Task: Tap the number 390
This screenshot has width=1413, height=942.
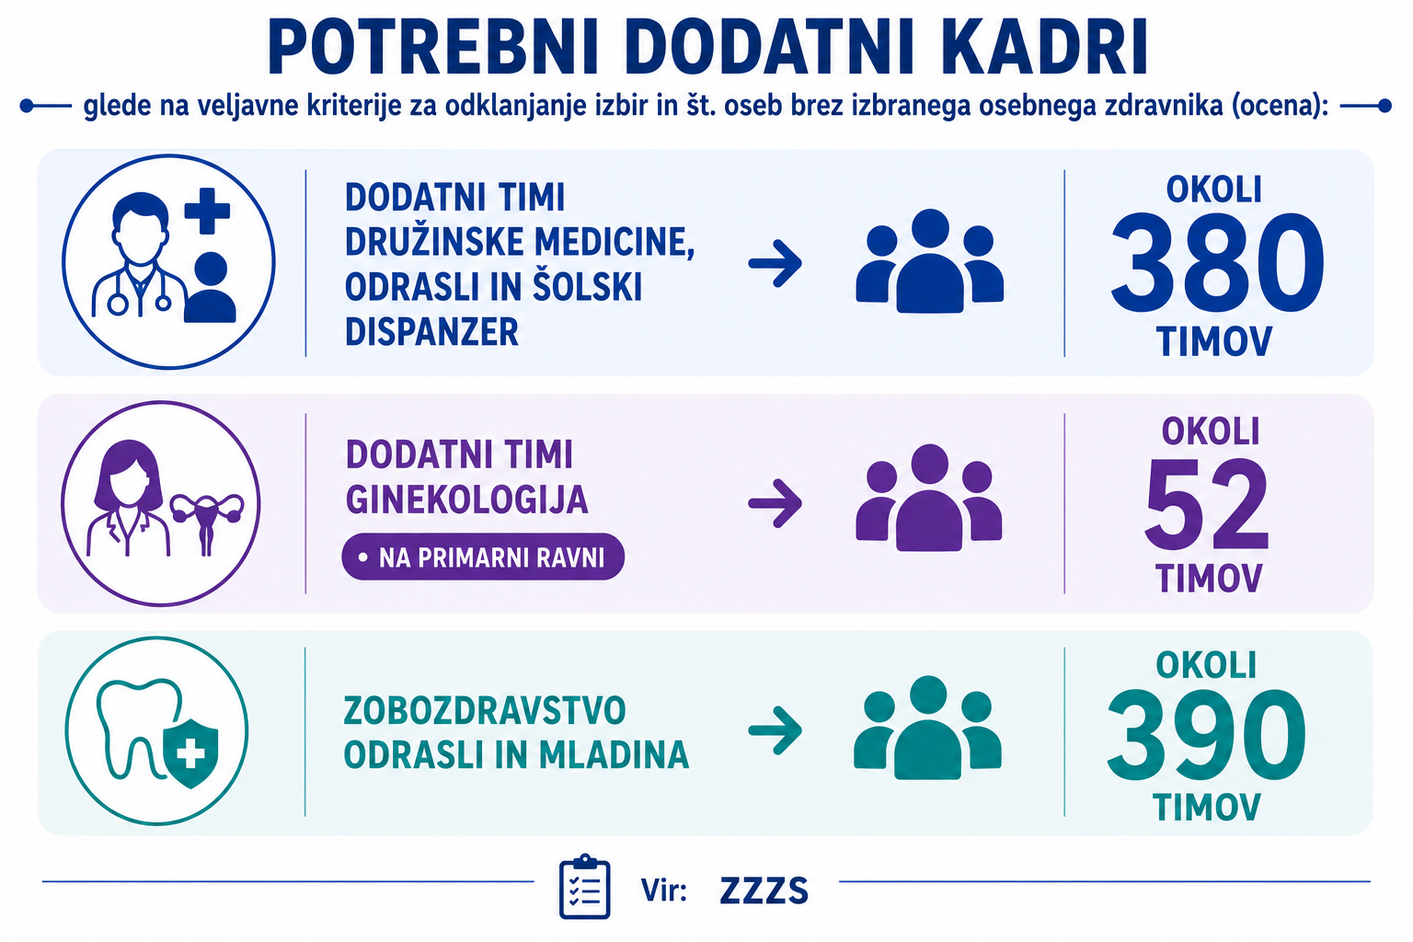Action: (1206, 734)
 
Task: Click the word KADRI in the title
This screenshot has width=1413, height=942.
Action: (1043, 49)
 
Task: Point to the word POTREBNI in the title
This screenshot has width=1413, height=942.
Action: (433, 49)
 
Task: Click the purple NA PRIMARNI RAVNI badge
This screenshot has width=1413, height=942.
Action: (483, 557)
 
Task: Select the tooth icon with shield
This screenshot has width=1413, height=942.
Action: (157, 732)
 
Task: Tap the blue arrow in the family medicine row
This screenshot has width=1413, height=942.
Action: (775, 262)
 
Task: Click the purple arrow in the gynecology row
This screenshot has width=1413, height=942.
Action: (775, 503)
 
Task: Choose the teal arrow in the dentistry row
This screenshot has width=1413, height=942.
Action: (775, 730)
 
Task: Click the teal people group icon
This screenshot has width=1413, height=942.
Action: (928, 728)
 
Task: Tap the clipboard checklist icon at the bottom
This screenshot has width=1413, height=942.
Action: (585, 887)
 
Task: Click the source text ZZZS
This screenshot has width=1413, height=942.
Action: (764, 890)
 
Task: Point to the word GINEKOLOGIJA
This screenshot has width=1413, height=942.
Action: (466, 500)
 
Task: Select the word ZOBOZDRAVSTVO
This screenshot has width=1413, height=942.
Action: (485, 710)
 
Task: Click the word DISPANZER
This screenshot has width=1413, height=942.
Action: (431, 332)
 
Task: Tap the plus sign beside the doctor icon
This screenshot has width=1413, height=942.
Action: (207, 211)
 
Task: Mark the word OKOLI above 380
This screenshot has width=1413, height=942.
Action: (1213, 190)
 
